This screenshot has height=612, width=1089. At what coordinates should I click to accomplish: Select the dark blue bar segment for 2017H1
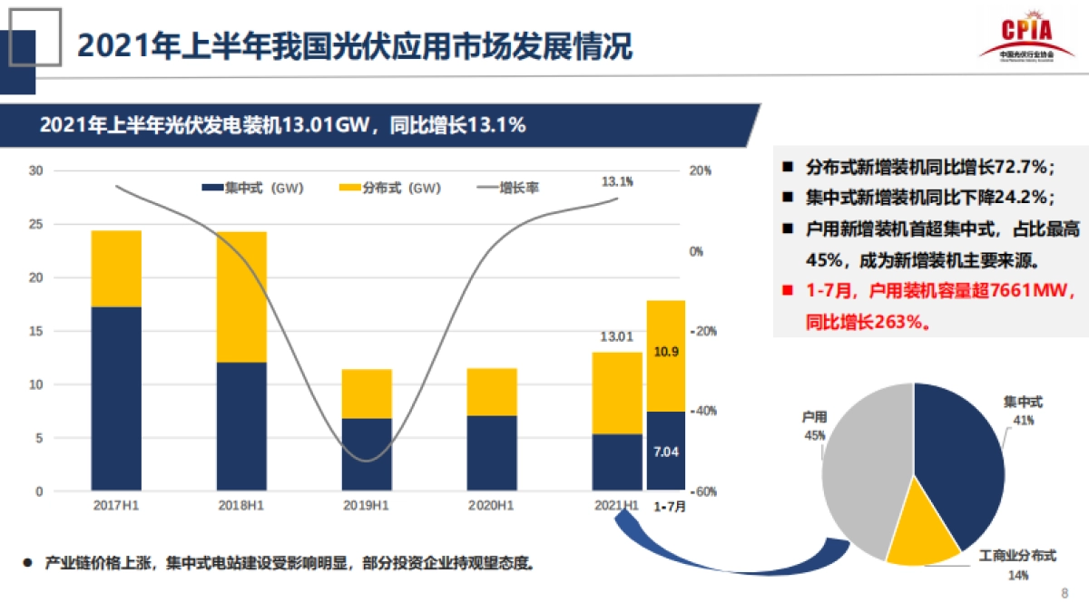pos(116,398)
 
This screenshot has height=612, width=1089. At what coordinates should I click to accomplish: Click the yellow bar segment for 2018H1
pos(241,296)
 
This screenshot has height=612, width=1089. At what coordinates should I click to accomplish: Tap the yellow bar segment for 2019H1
pos(367,393)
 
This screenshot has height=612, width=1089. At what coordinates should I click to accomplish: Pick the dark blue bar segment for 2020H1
pos(491,452)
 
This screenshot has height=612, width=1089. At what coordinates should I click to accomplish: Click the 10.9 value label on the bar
pos(666,351)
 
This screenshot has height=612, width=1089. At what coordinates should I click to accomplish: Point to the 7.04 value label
pos(666,451)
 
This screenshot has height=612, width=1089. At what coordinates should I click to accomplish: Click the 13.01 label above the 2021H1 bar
pos(616,337)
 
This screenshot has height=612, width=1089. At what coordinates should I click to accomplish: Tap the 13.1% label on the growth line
pos(617,181)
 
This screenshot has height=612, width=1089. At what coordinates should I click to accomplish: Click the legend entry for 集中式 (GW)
pos(252,188)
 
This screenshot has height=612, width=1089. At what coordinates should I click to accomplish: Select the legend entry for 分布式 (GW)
pos(389,188)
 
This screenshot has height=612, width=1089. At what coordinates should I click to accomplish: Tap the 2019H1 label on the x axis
pos(367,505)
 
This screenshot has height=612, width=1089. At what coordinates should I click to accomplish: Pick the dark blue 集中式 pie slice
pos(962,453)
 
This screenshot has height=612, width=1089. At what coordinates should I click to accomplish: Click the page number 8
pos(1064,593)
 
